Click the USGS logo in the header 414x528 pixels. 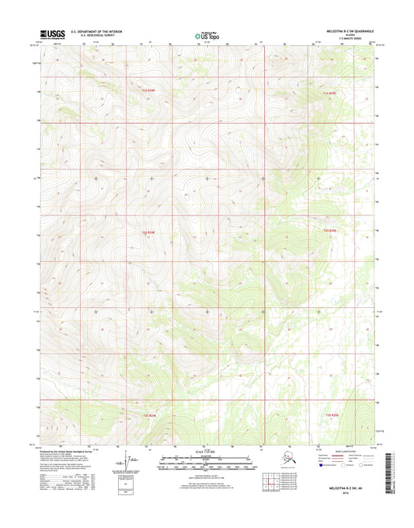click(x=53, y=34)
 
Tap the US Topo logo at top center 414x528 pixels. click(x=207, y=35)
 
